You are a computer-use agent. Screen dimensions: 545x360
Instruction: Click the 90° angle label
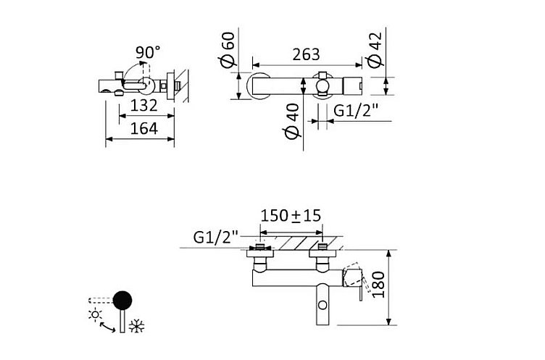coord(148,52)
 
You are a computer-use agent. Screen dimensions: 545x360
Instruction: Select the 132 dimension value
coord(144,106)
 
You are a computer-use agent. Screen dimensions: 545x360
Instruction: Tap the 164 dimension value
coord(144,129)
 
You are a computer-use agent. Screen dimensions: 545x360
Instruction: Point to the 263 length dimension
coord(306,54)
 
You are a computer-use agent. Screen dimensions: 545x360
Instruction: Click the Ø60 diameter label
coord(228,49)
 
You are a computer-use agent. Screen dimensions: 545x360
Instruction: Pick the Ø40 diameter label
coord(292,121)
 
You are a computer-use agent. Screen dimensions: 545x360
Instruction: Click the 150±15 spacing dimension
coord(291,215)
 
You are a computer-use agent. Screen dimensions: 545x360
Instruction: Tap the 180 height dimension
coord(379,285)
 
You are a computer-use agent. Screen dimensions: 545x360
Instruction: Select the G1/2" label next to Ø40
coord(356,111)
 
